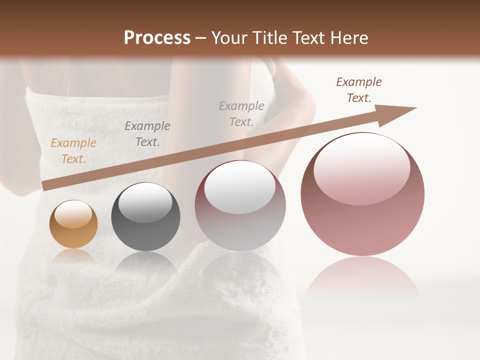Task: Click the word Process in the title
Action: [x=157, y=38]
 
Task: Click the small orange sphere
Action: [x=73, y=224]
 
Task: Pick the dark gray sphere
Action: [x=145, y=217]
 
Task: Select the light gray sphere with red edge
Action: [x=240, y=206]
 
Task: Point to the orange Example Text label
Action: [x=73, y=151]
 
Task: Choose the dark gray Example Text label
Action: [x=147, y=134]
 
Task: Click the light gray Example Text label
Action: [x=241, y=114]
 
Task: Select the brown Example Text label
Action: [x=359, y=90]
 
